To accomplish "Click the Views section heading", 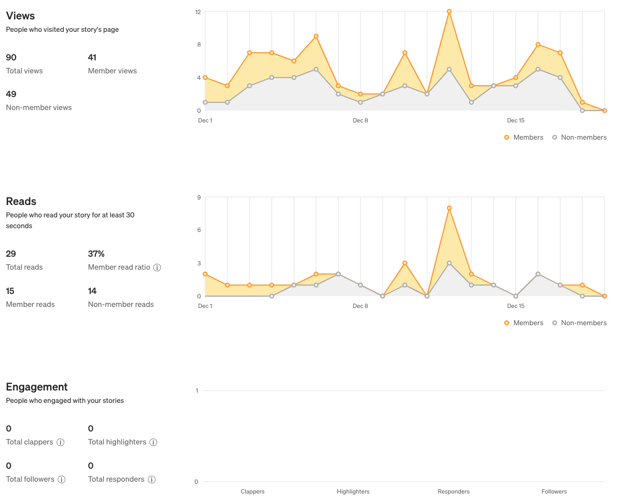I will click(21, 16).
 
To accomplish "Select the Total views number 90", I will click(11, 57).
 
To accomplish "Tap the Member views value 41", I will click(92, 57).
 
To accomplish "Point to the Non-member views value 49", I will click(11, 94).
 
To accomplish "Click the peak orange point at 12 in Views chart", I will click(449, 11).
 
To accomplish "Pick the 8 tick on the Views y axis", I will click(198, 45).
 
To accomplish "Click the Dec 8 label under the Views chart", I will click(360, 120).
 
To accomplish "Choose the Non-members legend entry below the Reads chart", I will click(579, 323).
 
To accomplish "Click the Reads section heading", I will click(21, 201).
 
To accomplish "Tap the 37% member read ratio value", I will click(96, 254).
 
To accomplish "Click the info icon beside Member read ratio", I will click(157, 268).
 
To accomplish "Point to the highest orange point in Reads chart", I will click(449, 208).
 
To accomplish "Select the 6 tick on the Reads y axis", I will click(198, 230).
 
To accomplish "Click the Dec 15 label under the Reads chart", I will click(516, 306).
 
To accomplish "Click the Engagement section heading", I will click(37, 387).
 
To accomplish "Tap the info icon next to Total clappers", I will click(60, 442).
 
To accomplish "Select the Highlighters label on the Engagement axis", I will click(353, 491).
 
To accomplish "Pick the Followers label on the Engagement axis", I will click(554, 491).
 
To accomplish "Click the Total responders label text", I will click(116, 479).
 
